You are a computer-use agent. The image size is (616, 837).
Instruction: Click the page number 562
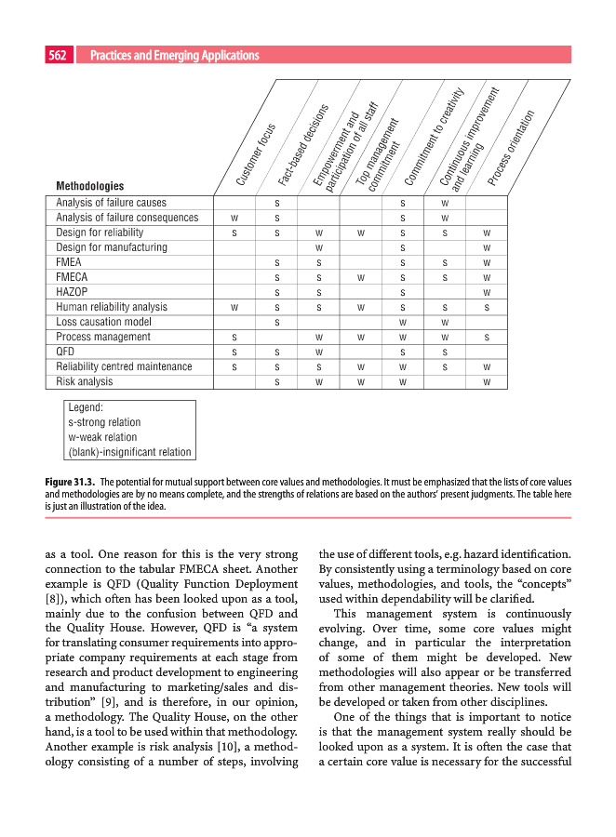tap(58, 56)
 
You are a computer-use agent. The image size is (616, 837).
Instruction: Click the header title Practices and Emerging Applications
tap(174, 56)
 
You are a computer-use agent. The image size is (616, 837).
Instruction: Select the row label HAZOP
tap(72, 292)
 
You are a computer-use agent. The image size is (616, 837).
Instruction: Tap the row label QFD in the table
tap(65, 352)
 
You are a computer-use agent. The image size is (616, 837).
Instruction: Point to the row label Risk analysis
tap(85, 381)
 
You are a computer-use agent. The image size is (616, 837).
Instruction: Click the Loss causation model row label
tap(103, 322)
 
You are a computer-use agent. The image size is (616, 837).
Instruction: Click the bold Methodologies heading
tap(90, 186)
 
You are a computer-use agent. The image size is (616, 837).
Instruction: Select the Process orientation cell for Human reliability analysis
tap(487, 307)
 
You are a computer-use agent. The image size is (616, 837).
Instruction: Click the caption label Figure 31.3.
tap(70, 482)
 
